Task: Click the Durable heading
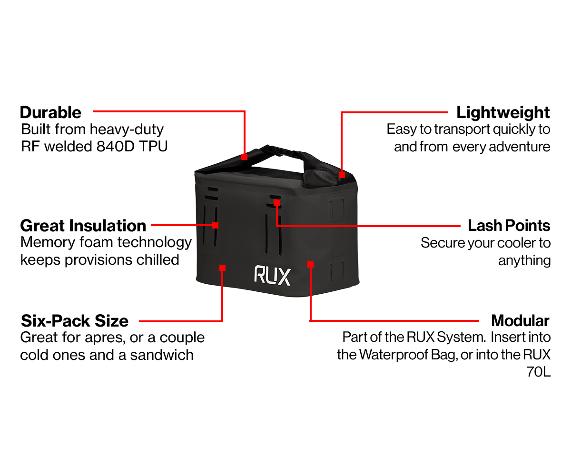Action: click(x=51, y=113)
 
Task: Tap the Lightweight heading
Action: click(x=503, y=113)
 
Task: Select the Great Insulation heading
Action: click(x=83, y=225)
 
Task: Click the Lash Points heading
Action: click(x=509, y=225)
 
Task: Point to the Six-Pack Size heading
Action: click(x=74, y=320)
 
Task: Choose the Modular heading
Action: click(x=520, y=320)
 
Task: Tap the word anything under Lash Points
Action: click(x=524, y=260)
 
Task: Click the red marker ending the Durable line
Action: click(x=244, y=156)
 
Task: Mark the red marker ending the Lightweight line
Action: click(x=342, y=175)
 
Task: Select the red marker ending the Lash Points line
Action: click(x=276, y=202)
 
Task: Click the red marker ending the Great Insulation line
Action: click(x=215, y=225)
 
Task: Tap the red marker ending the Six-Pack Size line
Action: click(x=222, y=268)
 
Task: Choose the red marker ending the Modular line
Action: click(x=310, y=264)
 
